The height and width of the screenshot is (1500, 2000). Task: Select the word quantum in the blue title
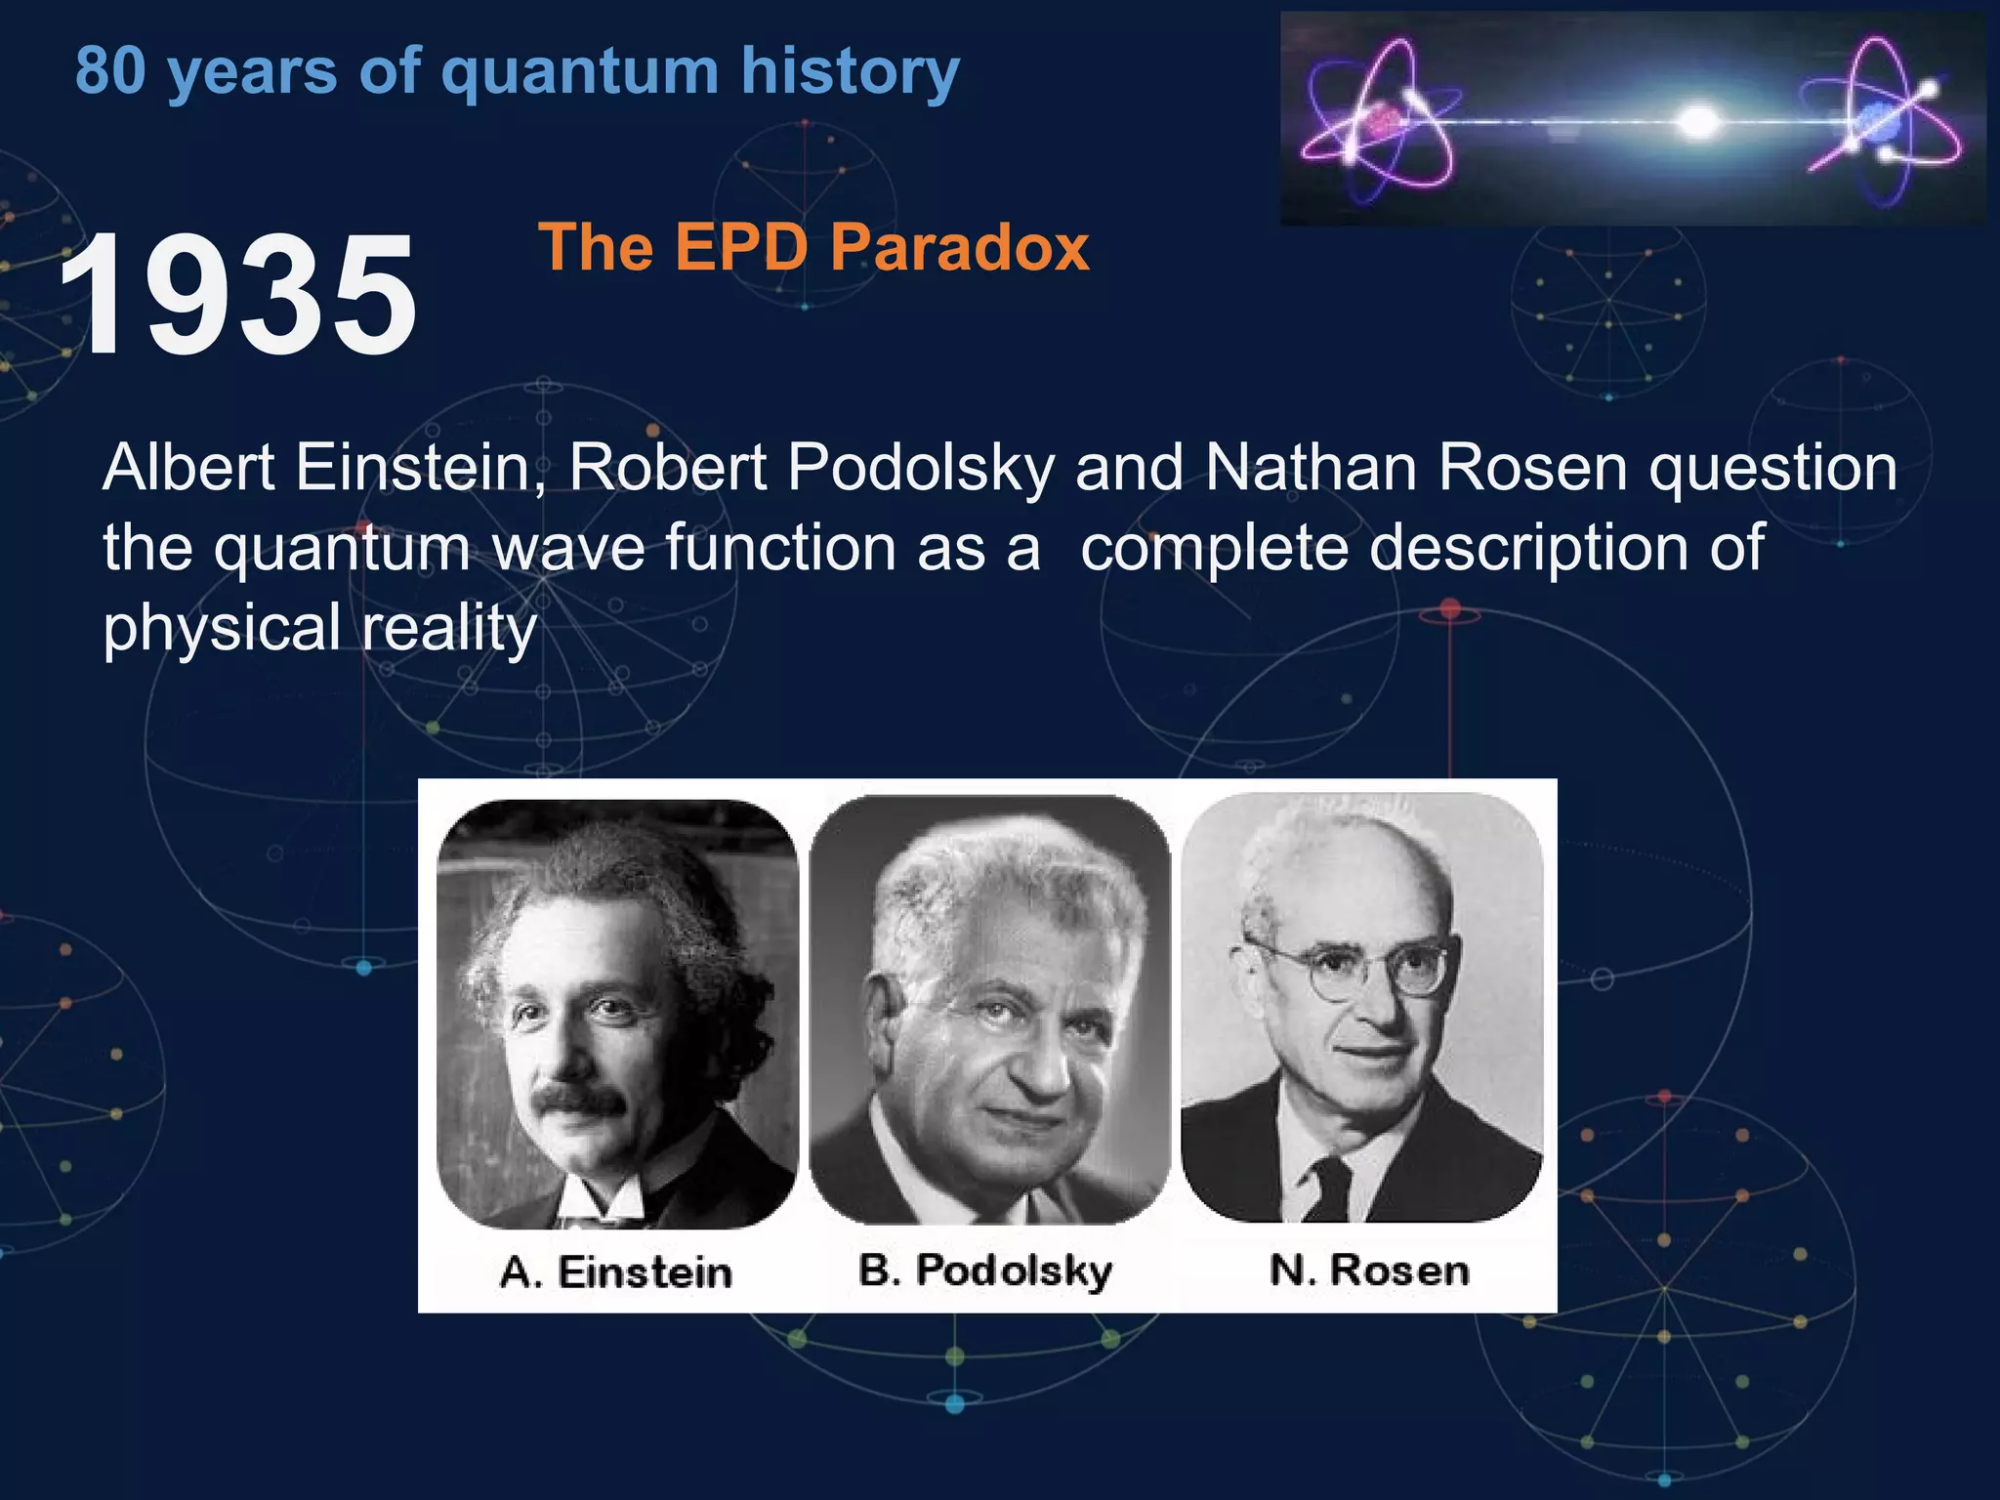[x=579, y=72]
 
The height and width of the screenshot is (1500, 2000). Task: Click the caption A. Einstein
[x=615, y=1272]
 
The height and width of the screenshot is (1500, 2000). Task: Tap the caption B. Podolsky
[x=984, y=1271]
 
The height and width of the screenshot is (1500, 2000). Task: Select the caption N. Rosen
[x=1369, y=1271]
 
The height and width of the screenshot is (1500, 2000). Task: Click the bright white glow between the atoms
[x=1698, y=121]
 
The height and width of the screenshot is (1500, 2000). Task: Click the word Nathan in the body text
[x=1311, y=467]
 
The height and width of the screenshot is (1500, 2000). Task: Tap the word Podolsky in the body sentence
[x=921, y=467]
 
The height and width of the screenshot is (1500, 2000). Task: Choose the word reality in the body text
[x=449, y=627]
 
